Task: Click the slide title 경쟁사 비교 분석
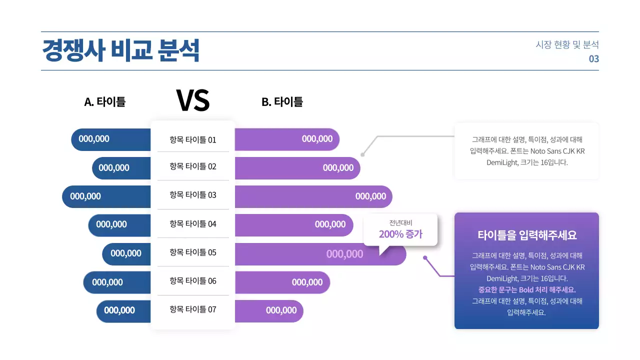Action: (x=120, y=50)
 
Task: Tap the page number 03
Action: (x=593, y=59)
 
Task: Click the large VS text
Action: (x=192, y=100)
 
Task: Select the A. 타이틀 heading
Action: (x=104, y=102)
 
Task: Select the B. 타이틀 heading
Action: (x=282, y=102)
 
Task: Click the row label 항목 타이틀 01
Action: (x=192, y=140)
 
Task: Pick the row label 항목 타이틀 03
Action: (x=192, y=195)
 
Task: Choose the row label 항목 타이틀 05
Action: (x=192, y=252)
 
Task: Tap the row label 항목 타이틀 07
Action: (x=192, y=309)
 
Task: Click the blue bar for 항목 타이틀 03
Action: (x=106, y=196)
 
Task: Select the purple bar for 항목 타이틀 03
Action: (x=313, y=196)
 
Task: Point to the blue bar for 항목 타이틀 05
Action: (x=126, y=254)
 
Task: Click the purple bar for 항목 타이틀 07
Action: (x=268, y=311)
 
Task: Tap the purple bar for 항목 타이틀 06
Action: (x=282, y=282)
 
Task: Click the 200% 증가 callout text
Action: (x=400, y=234)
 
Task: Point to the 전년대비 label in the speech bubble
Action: (x=400, y=223)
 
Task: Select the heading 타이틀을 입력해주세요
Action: (x=527, y=235)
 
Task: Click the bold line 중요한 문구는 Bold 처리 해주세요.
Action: (x=527, y=290)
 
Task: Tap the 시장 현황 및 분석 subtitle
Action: (x=567, y=44)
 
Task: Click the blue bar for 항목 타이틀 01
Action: (x=111, y=139)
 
